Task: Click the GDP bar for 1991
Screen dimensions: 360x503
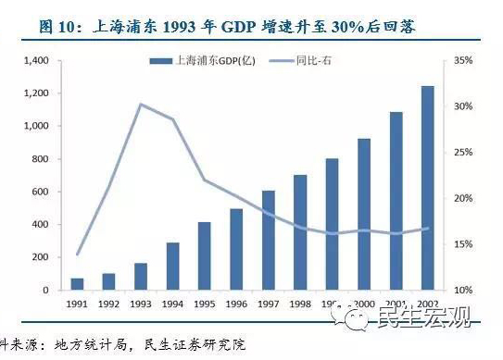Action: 77,283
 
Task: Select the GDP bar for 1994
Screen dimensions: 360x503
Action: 172,267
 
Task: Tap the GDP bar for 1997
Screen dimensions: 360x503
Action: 268,241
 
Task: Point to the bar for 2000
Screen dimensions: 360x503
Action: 363,215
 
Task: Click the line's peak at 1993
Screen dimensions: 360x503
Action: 140,105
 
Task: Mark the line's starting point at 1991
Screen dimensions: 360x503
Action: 77,254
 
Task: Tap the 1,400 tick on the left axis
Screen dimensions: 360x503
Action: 34,60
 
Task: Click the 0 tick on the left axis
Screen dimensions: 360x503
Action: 44,291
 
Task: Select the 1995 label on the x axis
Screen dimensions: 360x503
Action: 204,303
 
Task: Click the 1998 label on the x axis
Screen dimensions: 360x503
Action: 299,303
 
